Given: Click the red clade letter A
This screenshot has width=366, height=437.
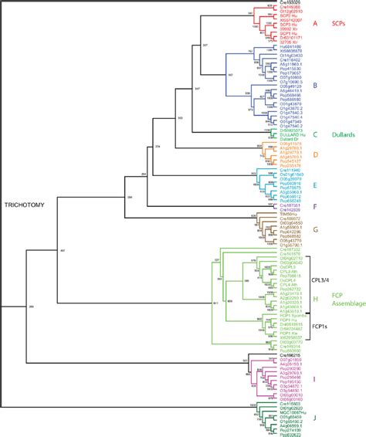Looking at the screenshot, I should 315,24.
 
